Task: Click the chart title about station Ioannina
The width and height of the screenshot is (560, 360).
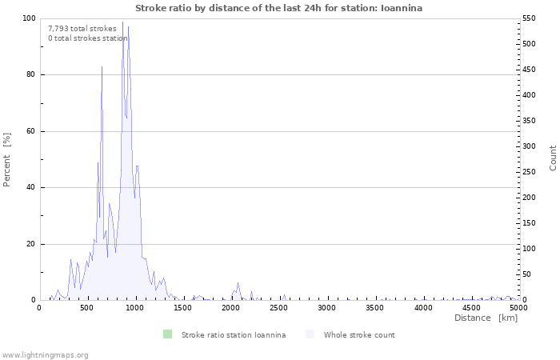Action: [x=279, y=8]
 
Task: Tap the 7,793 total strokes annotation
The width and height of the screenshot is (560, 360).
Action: [x=82, y=29]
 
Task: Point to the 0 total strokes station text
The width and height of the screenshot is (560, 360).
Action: [x=87, y=38]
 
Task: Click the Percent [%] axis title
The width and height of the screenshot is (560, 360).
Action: [x=7, y=160]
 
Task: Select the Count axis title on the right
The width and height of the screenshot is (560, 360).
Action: [x=553, y=158]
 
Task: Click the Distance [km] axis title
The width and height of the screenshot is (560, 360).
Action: [x=486, y=318]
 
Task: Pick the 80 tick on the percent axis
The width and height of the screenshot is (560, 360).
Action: [x=30, y=75]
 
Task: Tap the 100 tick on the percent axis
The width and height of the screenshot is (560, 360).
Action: [x=28, y=18]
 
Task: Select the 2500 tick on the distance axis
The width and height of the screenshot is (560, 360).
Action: [x=279, y=307]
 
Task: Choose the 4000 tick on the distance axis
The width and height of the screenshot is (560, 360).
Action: [x=422, y=307]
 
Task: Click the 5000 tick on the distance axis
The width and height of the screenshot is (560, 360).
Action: [x=518, y=307]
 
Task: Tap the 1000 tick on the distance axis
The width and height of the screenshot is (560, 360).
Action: [x=135, y=307]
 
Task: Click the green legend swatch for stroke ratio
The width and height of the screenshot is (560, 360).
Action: [x=167, y=334]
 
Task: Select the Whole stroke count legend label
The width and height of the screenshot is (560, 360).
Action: [x=359, y=335]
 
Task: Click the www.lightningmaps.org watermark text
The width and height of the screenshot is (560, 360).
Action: [x=45, y=354]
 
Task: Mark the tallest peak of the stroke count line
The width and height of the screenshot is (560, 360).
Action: [x=122, y=22]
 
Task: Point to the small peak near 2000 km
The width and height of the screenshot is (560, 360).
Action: [x=238, y=283]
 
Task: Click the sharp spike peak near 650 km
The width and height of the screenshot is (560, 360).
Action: [x=102, y=66]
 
